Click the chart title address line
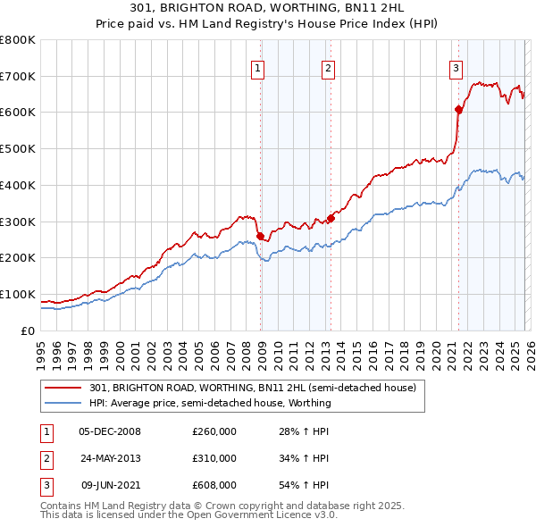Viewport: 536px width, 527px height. point(268,9)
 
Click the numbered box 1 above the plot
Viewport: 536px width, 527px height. point(257,68)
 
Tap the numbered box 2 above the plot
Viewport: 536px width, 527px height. point(328,68)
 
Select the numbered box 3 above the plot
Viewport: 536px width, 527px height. point(456,68)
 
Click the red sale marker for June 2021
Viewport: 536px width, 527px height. point(458,109)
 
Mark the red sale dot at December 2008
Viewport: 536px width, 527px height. point(260,236)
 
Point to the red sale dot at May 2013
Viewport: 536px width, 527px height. point(331,218)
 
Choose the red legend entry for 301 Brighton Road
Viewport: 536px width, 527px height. point(253,388)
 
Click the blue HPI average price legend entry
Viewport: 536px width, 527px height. point(210,403)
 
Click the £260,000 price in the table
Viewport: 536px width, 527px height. point(214,431)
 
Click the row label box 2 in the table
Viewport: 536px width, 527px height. point(46,458)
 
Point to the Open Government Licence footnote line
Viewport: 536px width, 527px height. point(189,516)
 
